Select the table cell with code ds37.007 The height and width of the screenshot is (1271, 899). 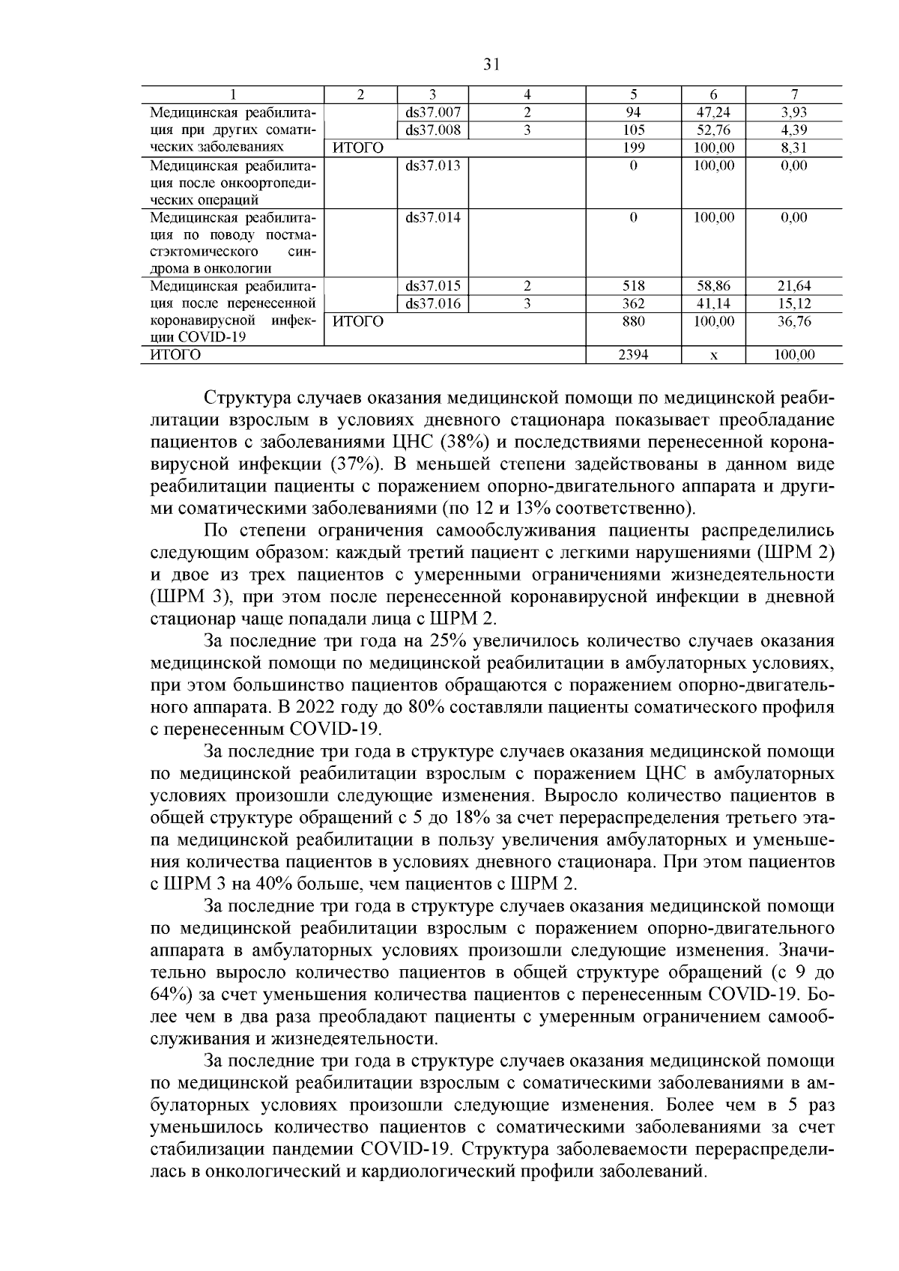tap(432, 113)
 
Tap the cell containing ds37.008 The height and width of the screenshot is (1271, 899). tap(432, 130)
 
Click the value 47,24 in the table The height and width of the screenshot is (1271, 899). tap(713, 113)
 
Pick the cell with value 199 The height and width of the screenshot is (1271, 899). tap(634, 148)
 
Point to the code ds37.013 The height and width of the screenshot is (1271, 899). tap(432, 166)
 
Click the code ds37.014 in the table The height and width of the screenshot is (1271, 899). tap(432, 218)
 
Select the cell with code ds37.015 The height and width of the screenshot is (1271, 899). tap(432, 286)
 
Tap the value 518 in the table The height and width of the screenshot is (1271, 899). tap(634, 286)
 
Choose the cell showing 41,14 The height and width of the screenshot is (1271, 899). tap(713, 304)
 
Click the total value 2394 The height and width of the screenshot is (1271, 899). tap(634, 356)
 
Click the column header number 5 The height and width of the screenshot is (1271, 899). tap(634, 95)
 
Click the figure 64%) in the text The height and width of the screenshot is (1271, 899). tap(172, 996)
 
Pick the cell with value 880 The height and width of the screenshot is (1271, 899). tap(634, 321)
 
